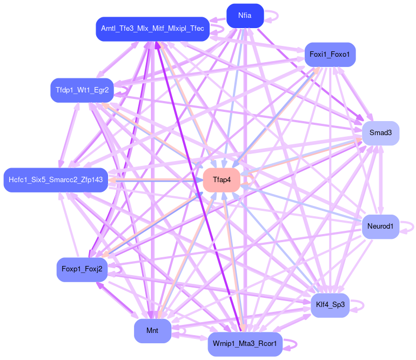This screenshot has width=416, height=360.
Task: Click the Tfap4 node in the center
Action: click(222, 180)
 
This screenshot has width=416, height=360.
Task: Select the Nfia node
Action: click(245, 16)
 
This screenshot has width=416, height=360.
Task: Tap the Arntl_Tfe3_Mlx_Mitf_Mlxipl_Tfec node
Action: click(152, 29)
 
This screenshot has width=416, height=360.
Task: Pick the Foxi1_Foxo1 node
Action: click(330, 55)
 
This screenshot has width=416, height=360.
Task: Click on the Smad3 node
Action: click(380, 133)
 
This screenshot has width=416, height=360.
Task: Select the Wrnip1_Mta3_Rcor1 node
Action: click(245, 344)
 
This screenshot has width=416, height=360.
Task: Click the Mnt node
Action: click(152, 330)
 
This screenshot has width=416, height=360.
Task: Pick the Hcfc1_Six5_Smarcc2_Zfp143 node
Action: click(56, 179)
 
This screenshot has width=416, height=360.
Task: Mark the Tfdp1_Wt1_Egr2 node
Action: click(81, 90)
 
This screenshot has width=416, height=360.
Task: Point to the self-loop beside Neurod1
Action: click(410, 225)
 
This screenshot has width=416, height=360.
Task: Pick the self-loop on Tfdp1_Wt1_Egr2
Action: click(121, 90)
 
